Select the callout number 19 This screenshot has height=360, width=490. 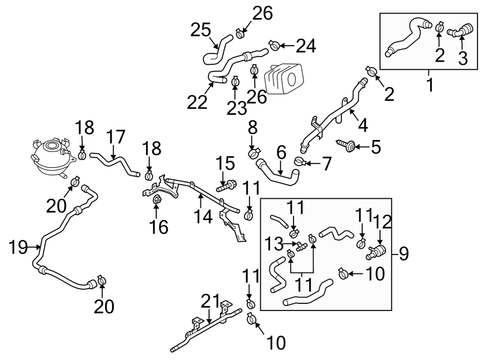(x=19, y=248)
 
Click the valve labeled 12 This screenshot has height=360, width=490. (x=376, y=252)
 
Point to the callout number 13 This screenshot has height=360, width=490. (x=274, y=241)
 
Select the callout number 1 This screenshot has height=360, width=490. (x=430, y=85)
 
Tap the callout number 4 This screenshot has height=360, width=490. (x=362, y=126)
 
